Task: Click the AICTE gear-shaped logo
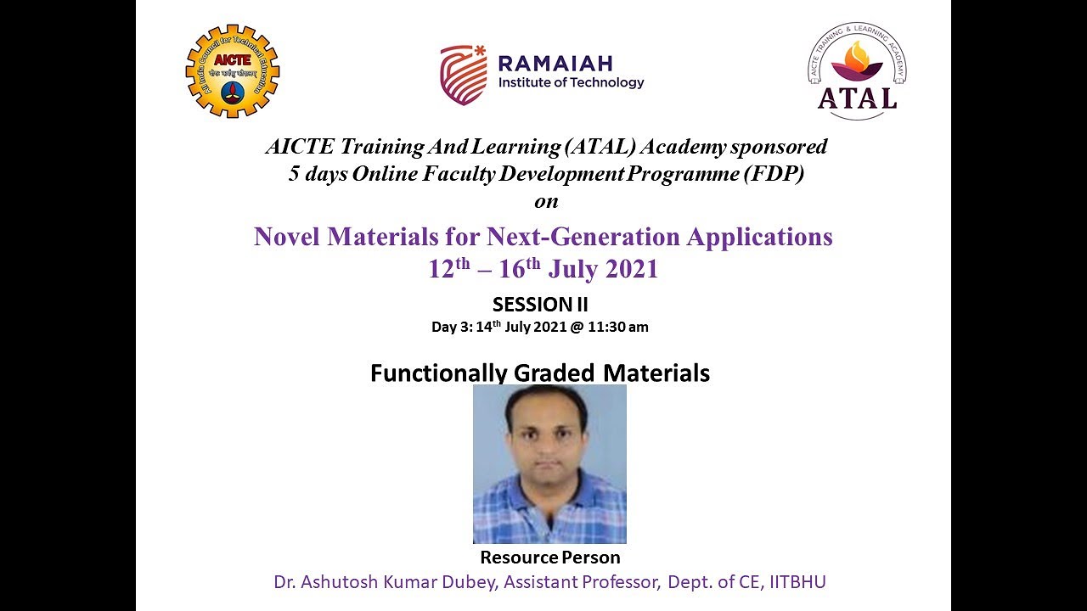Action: [233, 70]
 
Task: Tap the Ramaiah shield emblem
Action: [464, 75]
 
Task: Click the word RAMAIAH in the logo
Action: [555, 63]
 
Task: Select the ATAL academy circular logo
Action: [856, 71]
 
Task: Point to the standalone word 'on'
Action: [546, 202]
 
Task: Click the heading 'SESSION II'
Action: [540, 305]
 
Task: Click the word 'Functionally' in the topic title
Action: [439, 373]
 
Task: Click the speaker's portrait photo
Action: [549, 463]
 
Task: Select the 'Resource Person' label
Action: [550, 558]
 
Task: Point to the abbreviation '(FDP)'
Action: [775, 176]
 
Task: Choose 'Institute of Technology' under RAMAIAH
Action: [571, 83]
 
